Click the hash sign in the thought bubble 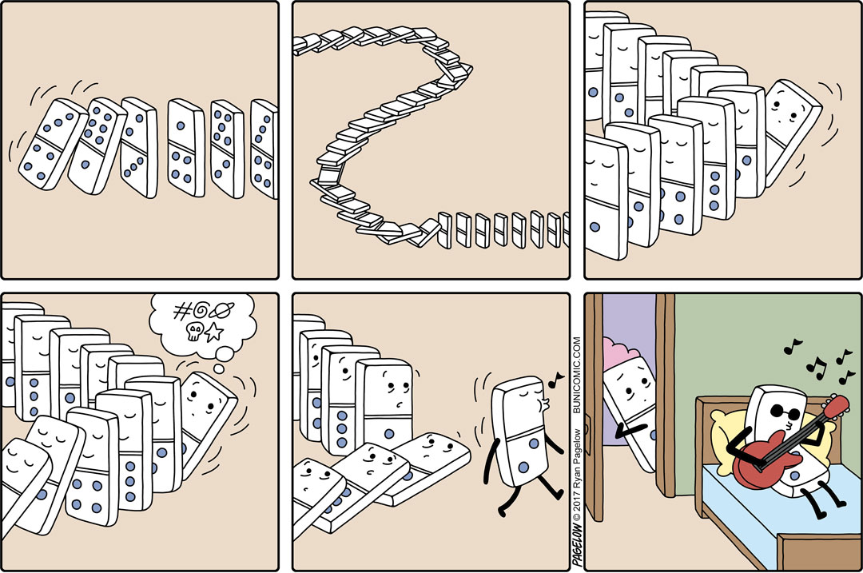pyautogui.click(x=181, y=311)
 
